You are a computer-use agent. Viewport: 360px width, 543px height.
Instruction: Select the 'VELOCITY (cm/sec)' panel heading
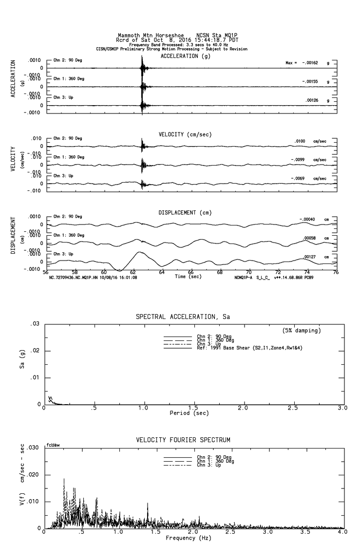tap(185, 134)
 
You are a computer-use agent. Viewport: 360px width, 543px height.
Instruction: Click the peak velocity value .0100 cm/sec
tap(300, 141)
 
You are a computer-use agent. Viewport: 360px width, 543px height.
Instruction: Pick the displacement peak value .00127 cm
tap(310, 257)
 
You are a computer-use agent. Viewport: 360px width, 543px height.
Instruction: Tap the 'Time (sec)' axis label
tap(188, 277)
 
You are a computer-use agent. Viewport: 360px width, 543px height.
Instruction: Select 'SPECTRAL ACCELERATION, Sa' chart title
tap(183, 317)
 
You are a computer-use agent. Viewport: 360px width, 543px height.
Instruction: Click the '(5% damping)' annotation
tap(302, 331)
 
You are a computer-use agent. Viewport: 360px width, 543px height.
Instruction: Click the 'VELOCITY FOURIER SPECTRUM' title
tap(183, 440)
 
